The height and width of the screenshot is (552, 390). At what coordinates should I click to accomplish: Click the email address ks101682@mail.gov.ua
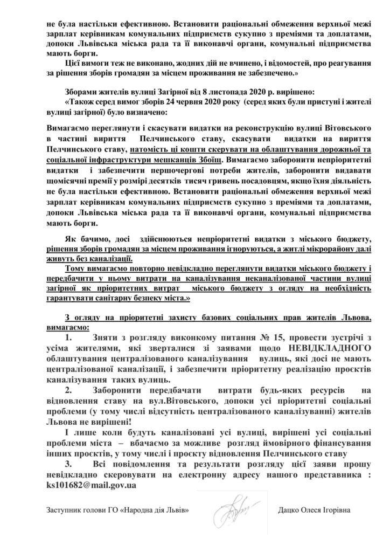pyautogui.click(x=91, y=485)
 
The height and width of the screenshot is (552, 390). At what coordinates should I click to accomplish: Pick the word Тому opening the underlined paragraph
pyautogui.click(x=74, y=268)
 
